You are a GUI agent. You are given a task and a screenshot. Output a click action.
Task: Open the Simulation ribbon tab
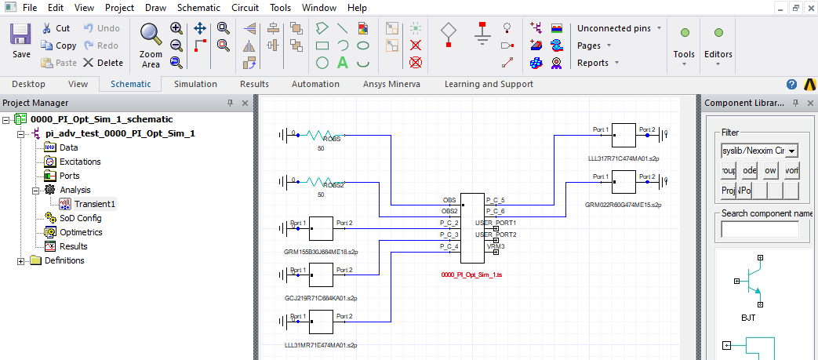pyautogui.click(x=195, y=84)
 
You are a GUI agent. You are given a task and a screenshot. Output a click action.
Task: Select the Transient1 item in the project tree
pyautogui.click(x=94, y=204)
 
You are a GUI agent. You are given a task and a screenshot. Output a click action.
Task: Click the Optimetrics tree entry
pyautogui.click(x=81, y=232)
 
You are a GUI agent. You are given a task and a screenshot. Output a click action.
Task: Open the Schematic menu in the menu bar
pyautogui.click(x=198, y=8)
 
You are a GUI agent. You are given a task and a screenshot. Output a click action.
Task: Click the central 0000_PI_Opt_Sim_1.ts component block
pyautogui.click(x=472, y=228)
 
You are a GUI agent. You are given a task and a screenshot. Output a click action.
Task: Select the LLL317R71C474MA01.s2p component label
pyautogui.click(x=623, y=158)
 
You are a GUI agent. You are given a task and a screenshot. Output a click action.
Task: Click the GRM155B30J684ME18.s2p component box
pyautogui.click(x=322, y=228)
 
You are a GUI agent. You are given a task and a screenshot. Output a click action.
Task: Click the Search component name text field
pyautogui.click(x=759, y=229)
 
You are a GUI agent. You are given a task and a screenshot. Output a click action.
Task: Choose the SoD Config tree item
pyautogui.click(x=80, y=218)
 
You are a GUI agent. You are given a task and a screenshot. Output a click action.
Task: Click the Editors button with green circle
pyautogui.click(x=718, y=43)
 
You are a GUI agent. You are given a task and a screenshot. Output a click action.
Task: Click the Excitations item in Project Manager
pyautogui.click(x=80, y=162)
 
